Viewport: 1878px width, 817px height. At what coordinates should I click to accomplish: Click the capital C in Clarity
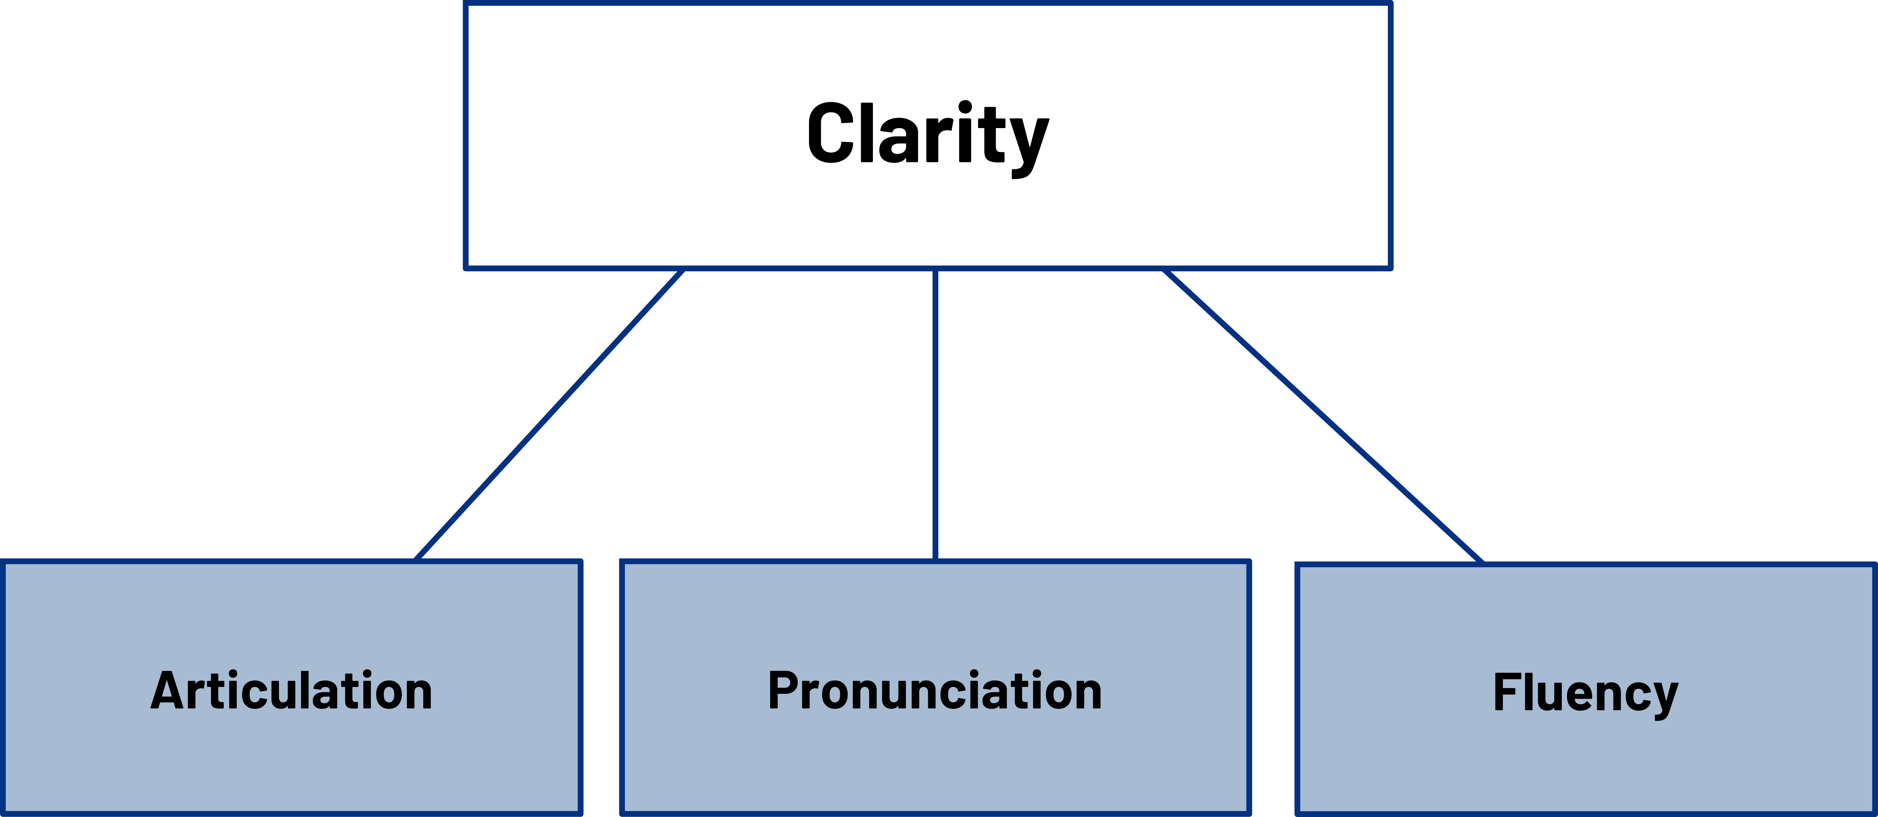[831, 133]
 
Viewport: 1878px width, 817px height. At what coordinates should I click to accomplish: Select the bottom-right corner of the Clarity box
[1391, 268]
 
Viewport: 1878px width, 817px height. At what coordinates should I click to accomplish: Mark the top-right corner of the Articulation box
[581, 561]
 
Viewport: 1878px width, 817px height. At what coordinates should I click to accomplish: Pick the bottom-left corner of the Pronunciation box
[622, 813]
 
